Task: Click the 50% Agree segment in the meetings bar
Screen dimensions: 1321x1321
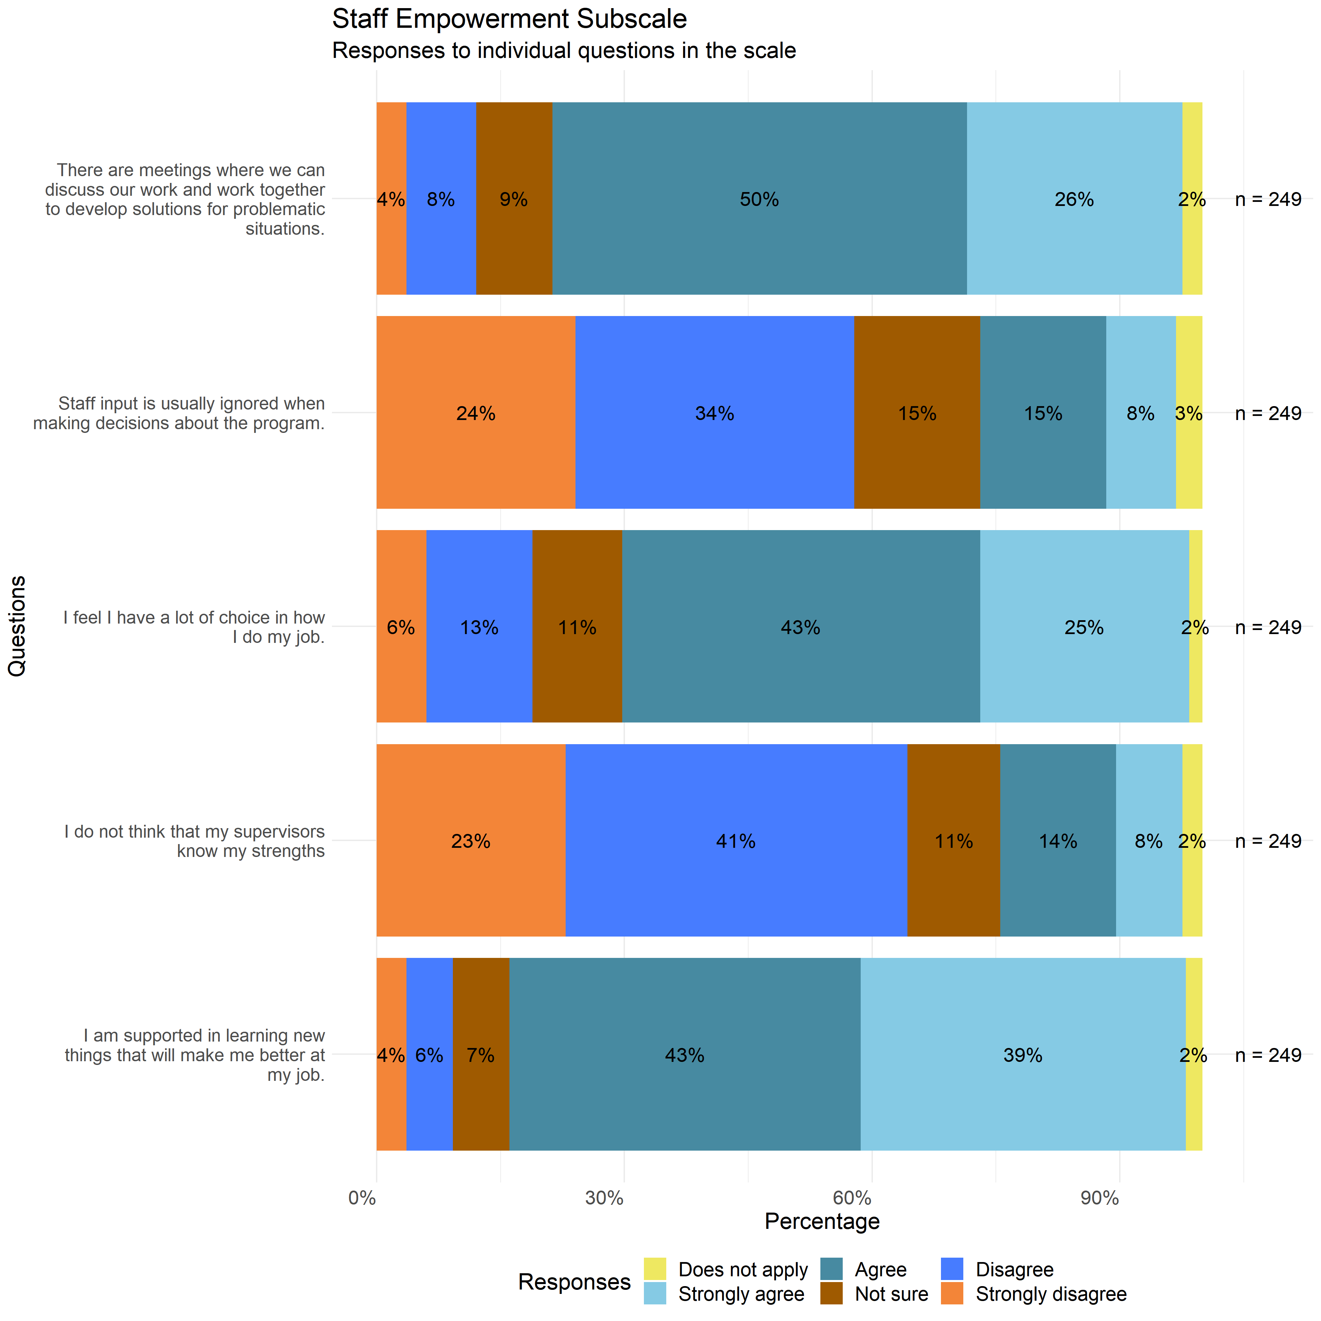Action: (759, 199)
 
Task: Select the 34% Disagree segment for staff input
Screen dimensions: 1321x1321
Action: (714, 413)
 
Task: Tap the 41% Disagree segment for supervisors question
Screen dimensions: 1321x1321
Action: (736, 840)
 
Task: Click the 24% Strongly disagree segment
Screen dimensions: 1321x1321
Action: (476, 413)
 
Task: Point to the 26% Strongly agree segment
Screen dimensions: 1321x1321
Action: (1074, 199)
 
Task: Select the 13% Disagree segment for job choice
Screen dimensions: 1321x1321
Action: (479, 627)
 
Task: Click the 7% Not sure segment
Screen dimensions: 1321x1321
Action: (481, 1054)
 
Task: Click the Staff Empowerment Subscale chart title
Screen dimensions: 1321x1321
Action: (509, 19)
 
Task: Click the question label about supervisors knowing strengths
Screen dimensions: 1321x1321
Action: (195, 841)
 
